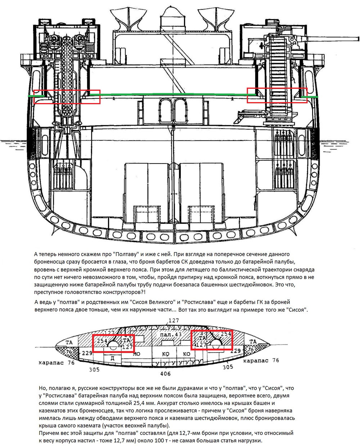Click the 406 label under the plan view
165,374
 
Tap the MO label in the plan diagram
136,354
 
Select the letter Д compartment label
112,358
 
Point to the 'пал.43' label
171,334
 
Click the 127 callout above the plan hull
174,321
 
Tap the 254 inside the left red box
102,341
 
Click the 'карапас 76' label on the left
57,363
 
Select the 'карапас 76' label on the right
261,361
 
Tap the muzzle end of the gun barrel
358,39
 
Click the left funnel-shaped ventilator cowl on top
126,19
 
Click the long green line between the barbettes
172,94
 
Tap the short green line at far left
36,96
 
